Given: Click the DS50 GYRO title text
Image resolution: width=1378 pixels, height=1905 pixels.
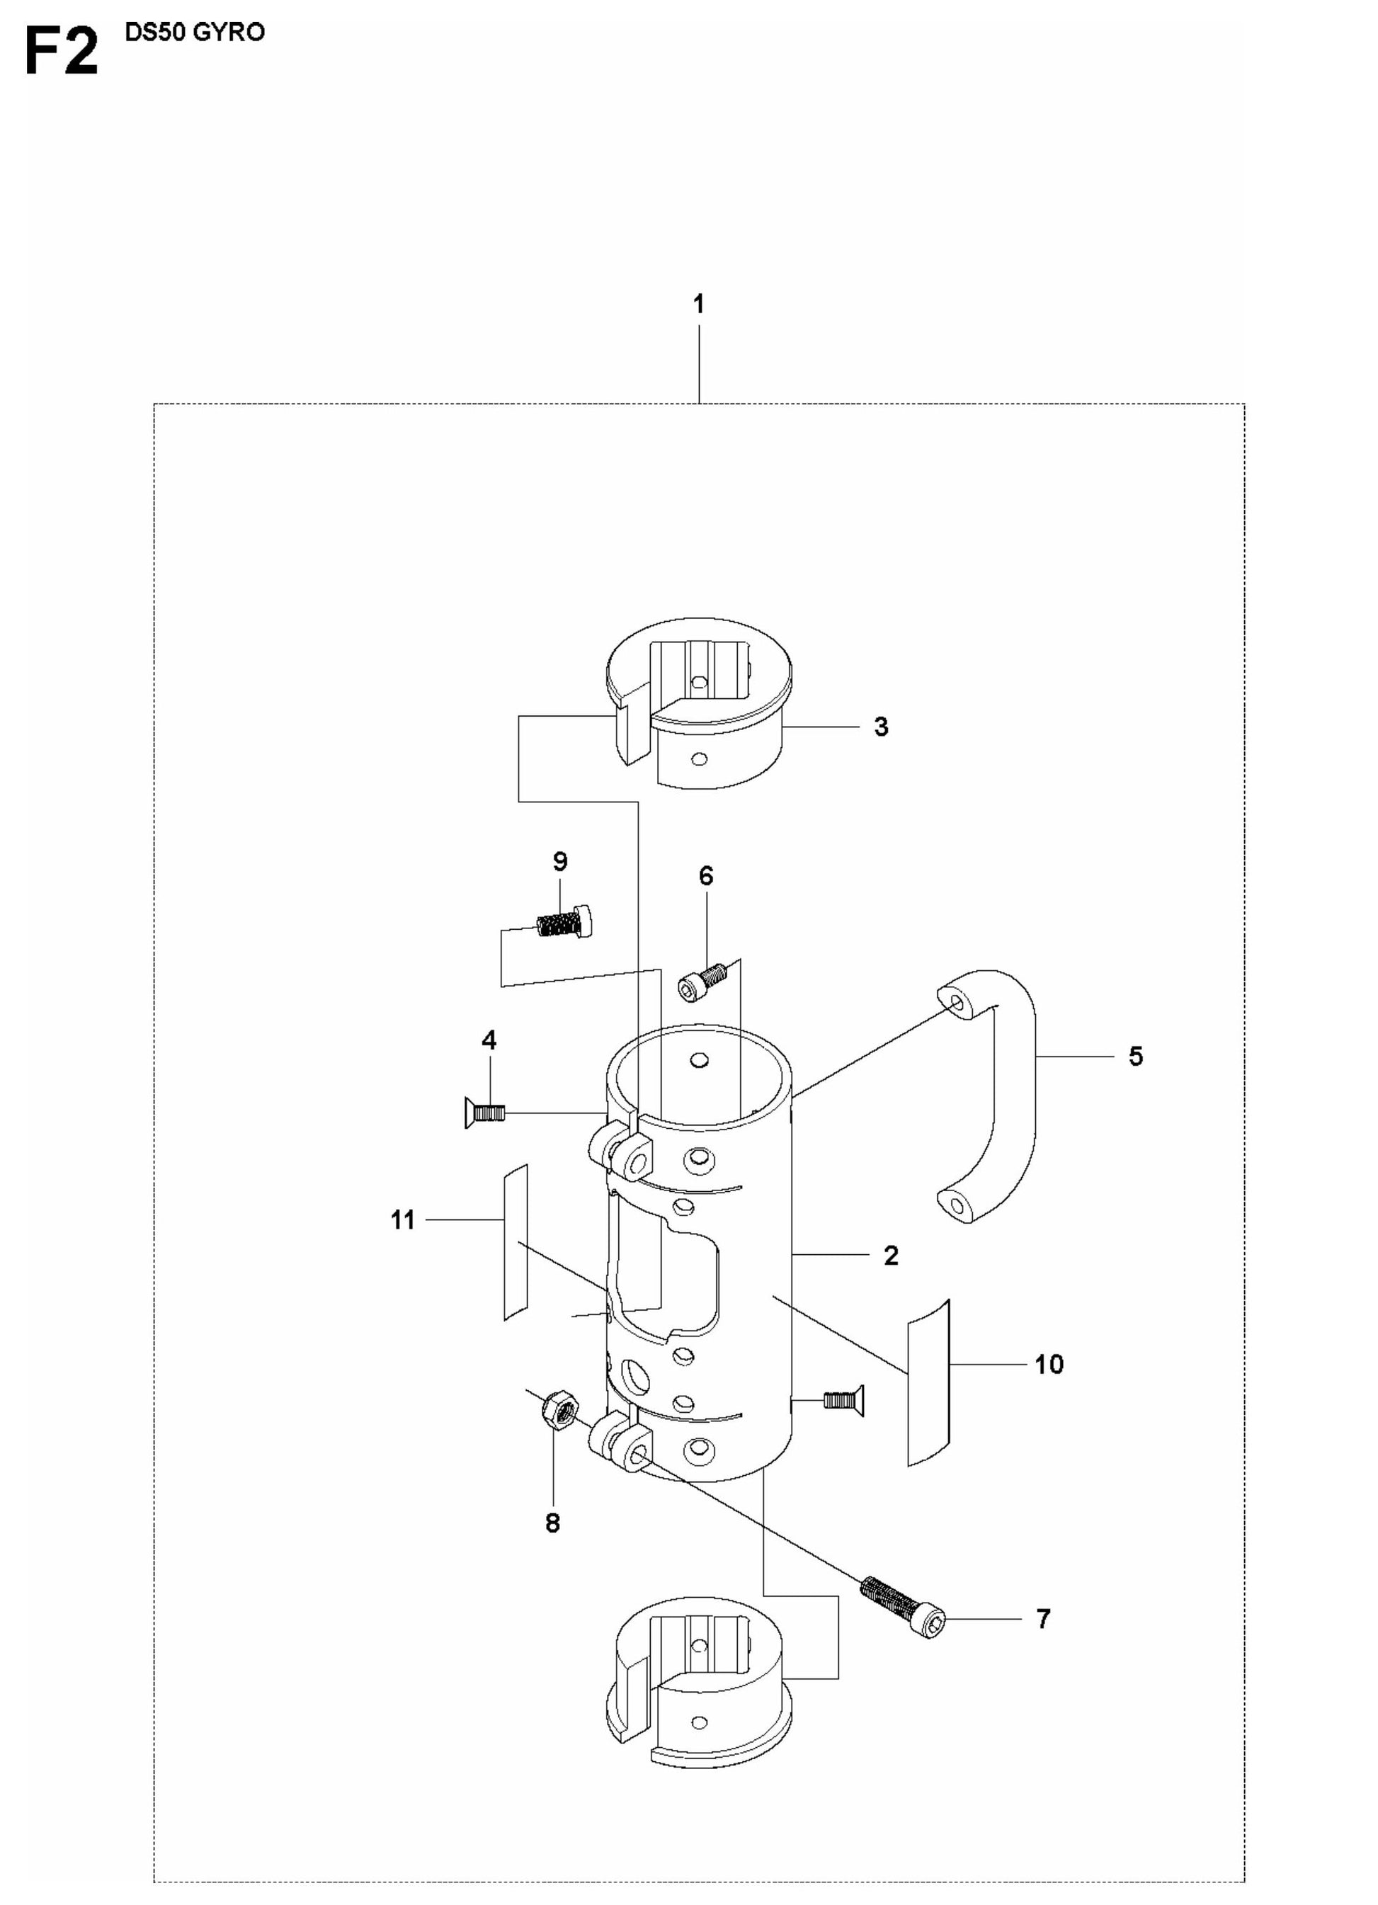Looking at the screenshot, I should click(194, 33).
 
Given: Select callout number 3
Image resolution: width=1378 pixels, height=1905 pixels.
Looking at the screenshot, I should click(881, 727).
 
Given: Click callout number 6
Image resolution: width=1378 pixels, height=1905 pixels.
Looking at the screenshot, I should click(706, 876).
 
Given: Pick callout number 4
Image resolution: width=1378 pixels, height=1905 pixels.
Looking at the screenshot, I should click(489, 1040).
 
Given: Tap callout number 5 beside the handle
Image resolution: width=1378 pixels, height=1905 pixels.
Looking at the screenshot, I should click(1135, 1056).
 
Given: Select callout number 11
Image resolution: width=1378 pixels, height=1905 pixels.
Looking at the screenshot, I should click(403, 1219).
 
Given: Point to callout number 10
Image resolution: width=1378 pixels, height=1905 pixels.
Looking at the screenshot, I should click(1049, 1365).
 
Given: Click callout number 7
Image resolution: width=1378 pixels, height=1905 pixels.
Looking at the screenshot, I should click(1043, 1619).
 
